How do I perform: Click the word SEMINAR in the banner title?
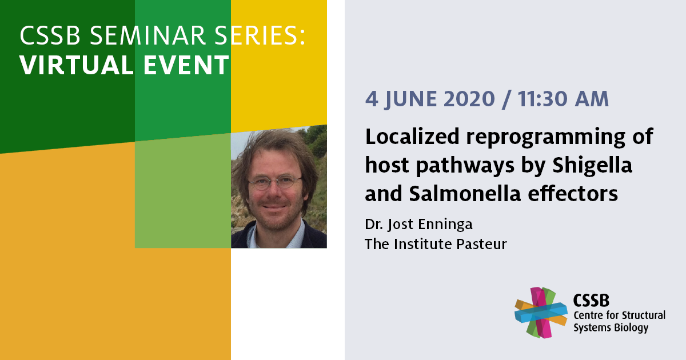click(147, 35)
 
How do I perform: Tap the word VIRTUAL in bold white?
click(77, 65)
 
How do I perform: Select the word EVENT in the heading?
click(186, 65)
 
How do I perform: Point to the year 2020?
click(469, 99)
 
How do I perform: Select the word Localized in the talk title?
click(412, 136)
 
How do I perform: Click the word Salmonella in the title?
click(465, 194)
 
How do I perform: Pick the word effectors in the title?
click(573, 194)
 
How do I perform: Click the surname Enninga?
click(445, 225)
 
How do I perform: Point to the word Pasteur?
click(481, 245)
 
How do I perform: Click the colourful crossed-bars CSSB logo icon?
click(541, 313)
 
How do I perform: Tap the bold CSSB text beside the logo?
click(591, 301)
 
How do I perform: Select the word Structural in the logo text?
click(643, 315)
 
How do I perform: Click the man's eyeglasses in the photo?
click(275, 182)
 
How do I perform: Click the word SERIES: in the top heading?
click(260, 35)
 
